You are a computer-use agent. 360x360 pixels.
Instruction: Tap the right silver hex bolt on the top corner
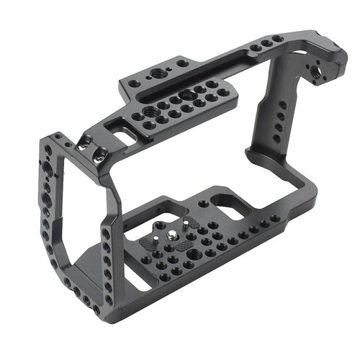click(99, 152)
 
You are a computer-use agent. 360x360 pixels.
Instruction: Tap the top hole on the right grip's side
click(283, 105)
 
